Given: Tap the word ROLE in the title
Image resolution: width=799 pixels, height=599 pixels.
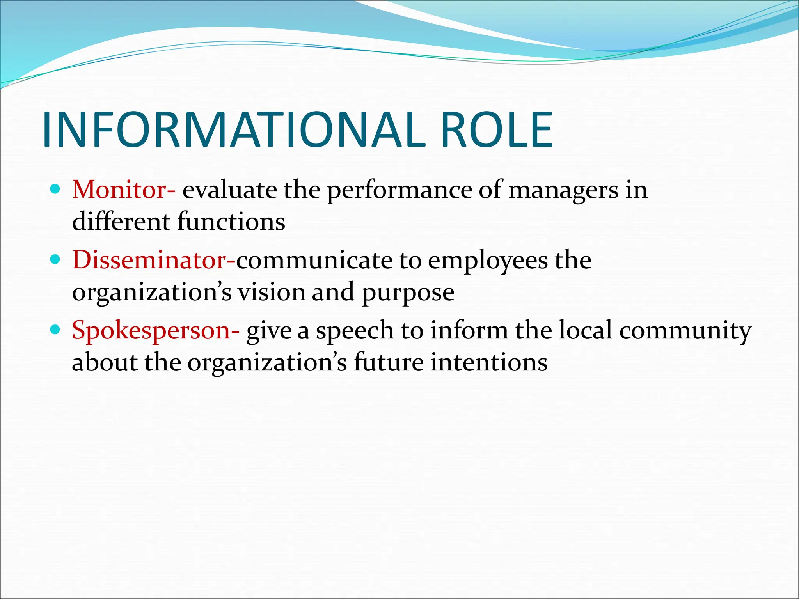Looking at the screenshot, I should [x=496, y=130].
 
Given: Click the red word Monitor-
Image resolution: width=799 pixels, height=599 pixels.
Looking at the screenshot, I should [x=124, y=190].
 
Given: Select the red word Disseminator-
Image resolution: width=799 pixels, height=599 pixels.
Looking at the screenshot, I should [x=154, y=260].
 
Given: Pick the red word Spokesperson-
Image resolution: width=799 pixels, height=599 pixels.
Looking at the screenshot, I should [x=156, y=330].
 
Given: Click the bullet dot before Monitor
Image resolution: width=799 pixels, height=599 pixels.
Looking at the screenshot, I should [x=55, y=190].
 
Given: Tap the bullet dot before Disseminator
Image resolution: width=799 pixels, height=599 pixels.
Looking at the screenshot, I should [x=55, y=260].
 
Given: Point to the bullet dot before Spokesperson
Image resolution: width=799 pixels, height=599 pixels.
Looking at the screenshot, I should [x=55, y=330].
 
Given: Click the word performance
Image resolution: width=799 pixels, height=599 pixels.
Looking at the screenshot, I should [x=399, y=191].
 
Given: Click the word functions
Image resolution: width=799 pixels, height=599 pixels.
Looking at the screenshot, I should [x=231, y=222].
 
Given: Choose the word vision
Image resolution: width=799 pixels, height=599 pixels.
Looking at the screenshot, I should [x=272, y=292].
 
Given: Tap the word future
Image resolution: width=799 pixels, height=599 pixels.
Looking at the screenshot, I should [x=388, y=363].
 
